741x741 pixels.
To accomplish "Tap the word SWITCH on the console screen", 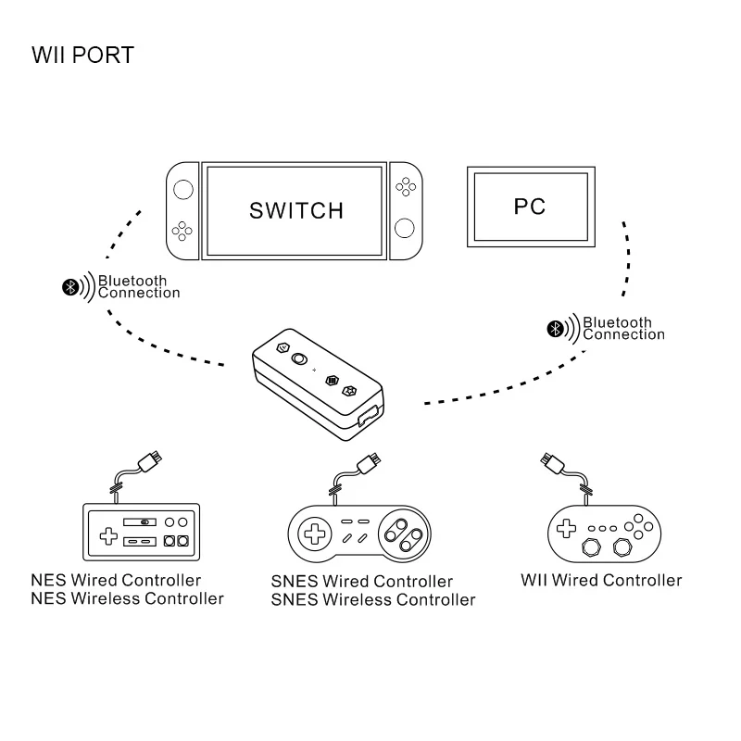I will [295, 210].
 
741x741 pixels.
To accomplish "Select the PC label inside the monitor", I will [530, 206].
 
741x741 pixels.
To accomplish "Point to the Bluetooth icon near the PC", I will [555, 329].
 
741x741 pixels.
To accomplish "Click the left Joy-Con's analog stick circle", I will [182, 189].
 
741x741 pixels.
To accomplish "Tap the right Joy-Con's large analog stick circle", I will [404, 228].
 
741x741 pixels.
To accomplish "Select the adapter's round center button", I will [298, 360].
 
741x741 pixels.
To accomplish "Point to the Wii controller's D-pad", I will [564, 529].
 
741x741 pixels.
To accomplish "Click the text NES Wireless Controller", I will [127, 599].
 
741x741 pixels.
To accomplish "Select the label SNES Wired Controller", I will [362, 582].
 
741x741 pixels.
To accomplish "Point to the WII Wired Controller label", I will [601, 581].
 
